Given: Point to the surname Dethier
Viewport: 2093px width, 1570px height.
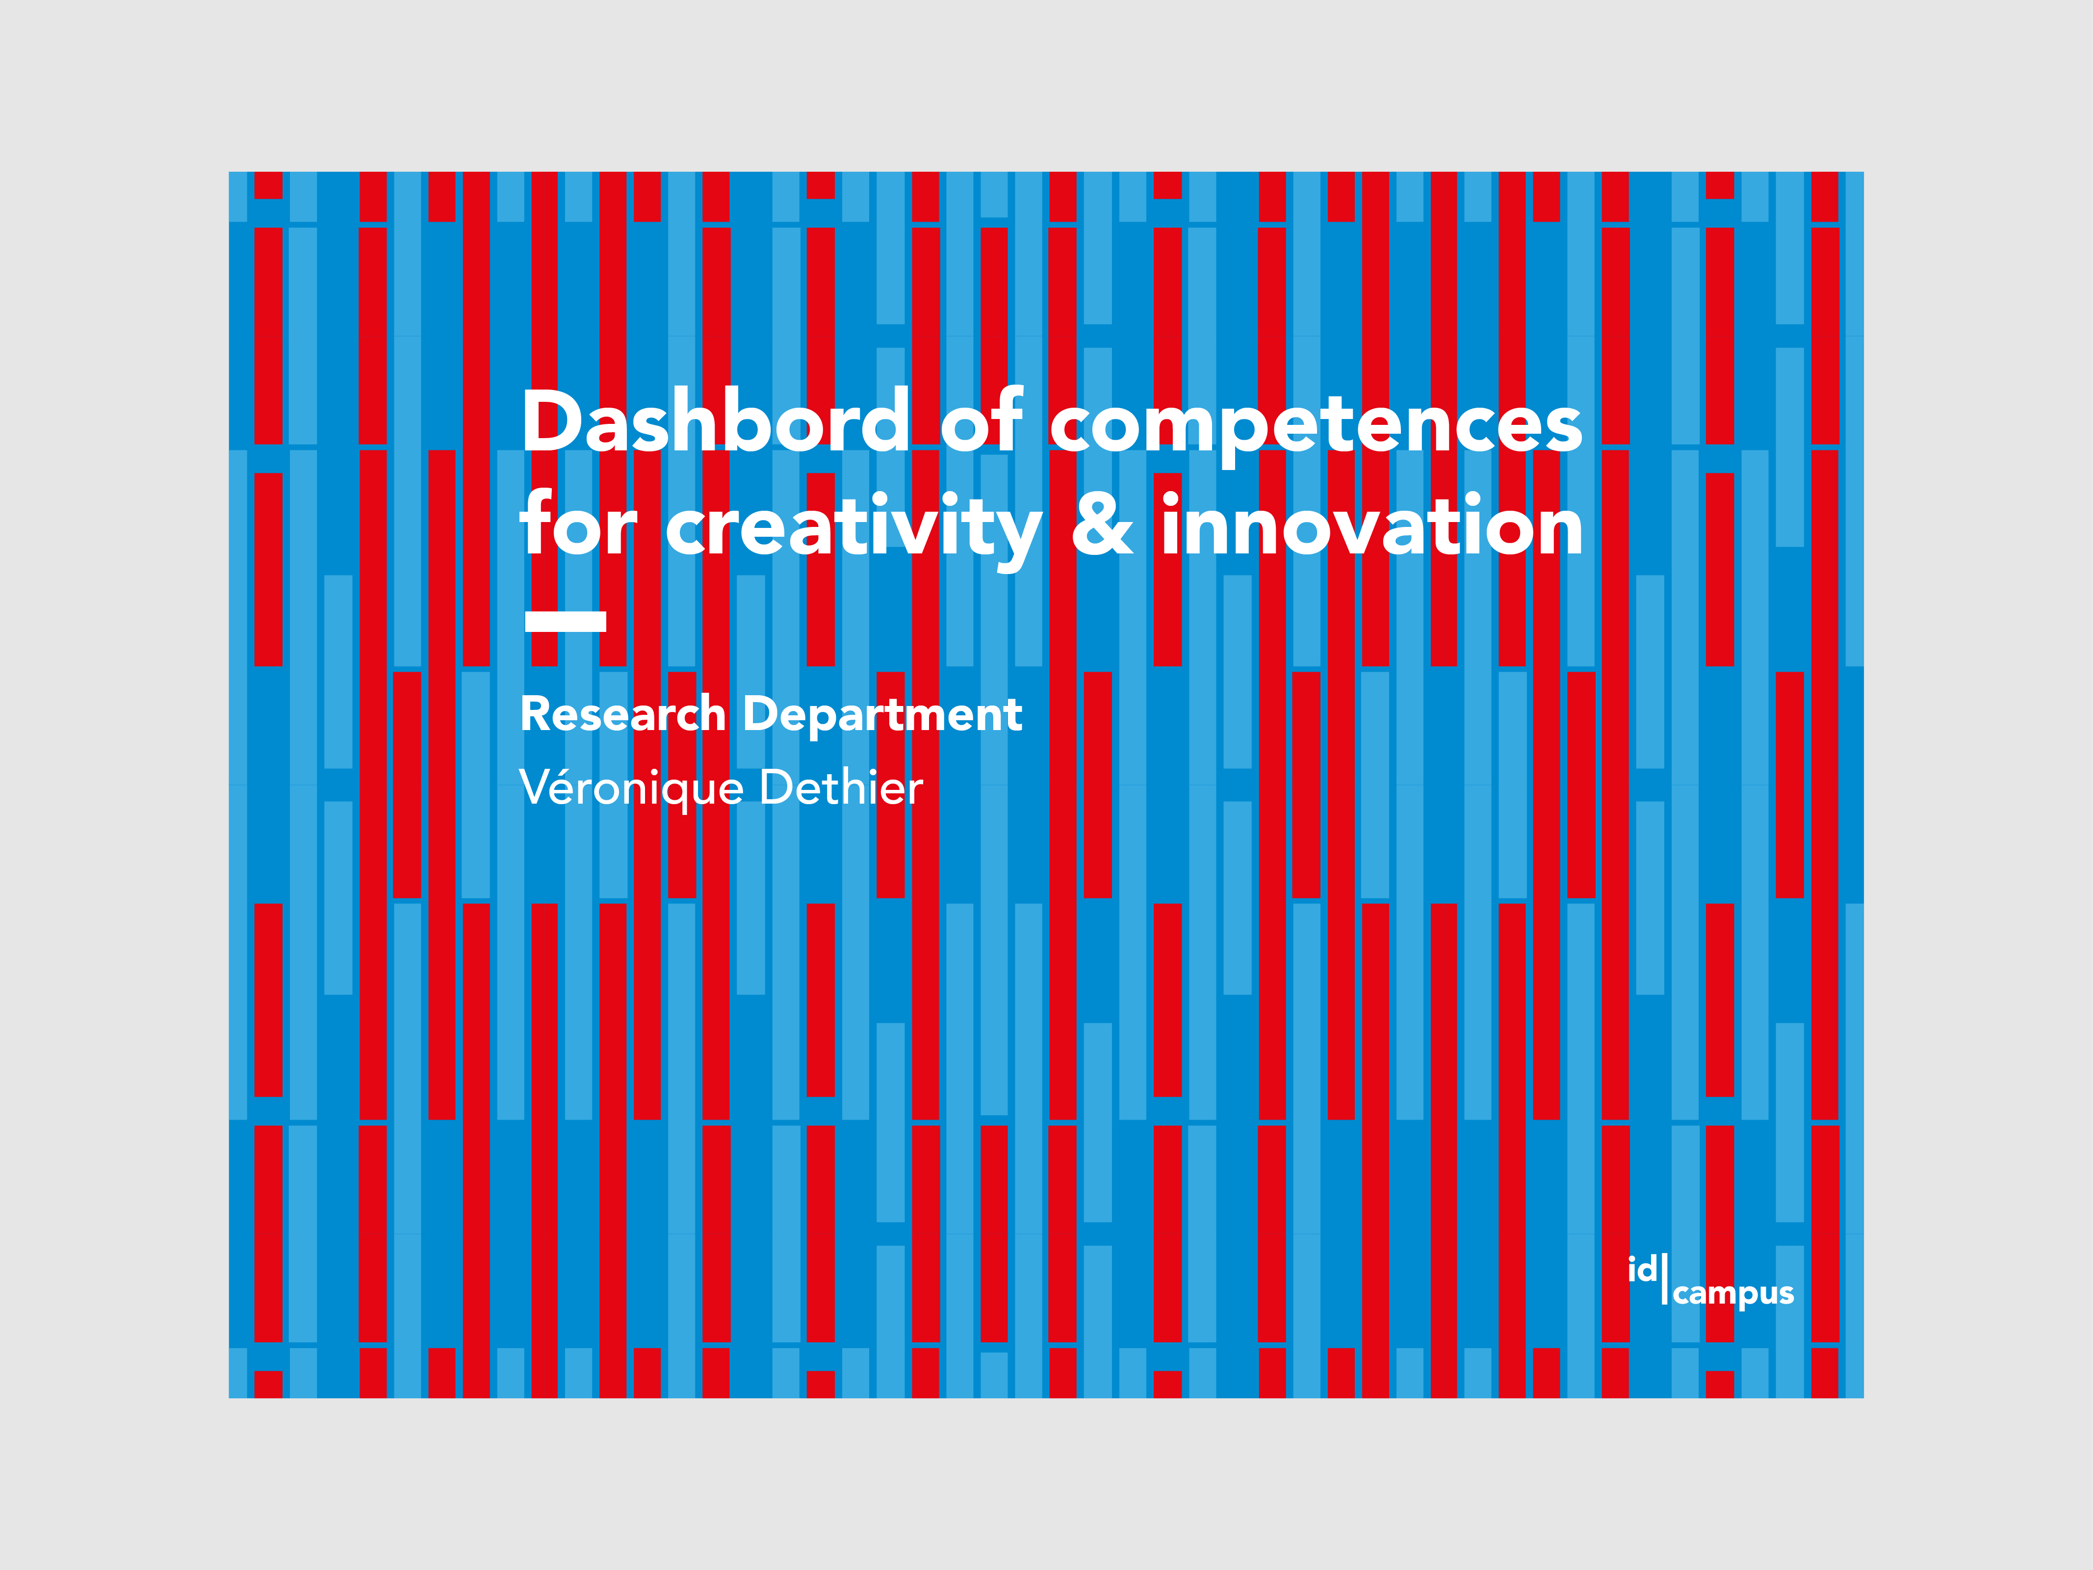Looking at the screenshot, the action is pos(840,787).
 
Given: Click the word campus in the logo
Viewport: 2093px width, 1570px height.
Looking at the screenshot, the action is pos(1733,1294).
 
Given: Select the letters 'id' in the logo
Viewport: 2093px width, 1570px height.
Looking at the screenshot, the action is pos(1643,1269).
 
